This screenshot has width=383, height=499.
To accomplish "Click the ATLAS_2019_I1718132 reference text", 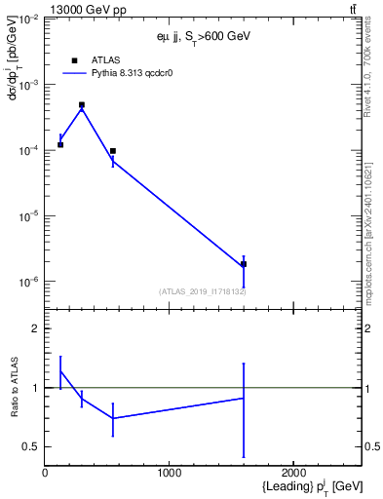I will [x=202, y=291].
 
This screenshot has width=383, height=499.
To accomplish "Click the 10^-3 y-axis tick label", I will [x=26, y=85].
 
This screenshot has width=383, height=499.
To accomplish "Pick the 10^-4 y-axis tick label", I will [x=26, y=150].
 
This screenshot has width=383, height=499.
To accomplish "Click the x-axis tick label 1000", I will [x=170, y=473].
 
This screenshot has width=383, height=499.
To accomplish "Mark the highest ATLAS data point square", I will [x=82, y=104].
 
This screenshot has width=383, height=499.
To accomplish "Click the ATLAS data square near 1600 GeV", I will [x=244, y=264].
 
